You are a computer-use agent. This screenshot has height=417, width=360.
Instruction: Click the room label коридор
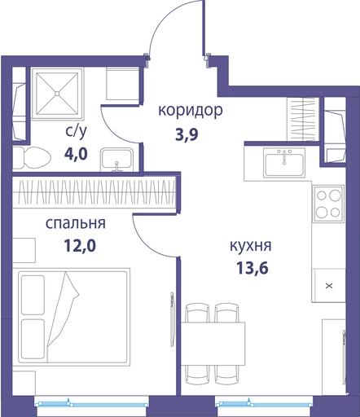191,111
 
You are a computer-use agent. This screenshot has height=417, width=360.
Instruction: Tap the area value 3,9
187,134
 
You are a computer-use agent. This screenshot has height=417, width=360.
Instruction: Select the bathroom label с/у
77,131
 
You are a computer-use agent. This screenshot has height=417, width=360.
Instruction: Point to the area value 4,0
76,154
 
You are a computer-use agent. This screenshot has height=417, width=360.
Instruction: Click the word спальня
76,224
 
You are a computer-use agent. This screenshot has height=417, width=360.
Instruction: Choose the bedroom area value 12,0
80,246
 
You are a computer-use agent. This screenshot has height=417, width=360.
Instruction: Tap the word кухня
251,246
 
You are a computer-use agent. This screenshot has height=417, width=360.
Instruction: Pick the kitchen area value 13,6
252,268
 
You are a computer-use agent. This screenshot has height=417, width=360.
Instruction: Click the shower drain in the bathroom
57,94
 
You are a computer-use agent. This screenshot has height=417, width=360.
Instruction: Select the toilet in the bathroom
32,158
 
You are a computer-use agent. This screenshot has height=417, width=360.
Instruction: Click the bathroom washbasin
117,160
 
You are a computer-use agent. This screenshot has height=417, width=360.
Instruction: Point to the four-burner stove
329,203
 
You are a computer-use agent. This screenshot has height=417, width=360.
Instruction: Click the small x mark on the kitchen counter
329,286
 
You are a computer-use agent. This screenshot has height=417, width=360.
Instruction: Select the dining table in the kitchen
213,344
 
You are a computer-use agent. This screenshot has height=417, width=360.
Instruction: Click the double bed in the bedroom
71,317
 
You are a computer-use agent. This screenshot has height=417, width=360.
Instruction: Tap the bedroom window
92,404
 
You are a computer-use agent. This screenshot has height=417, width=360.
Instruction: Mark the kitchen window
264,404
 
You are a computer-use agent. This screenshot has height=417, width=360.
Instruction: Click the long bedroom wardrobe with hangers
94,192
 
